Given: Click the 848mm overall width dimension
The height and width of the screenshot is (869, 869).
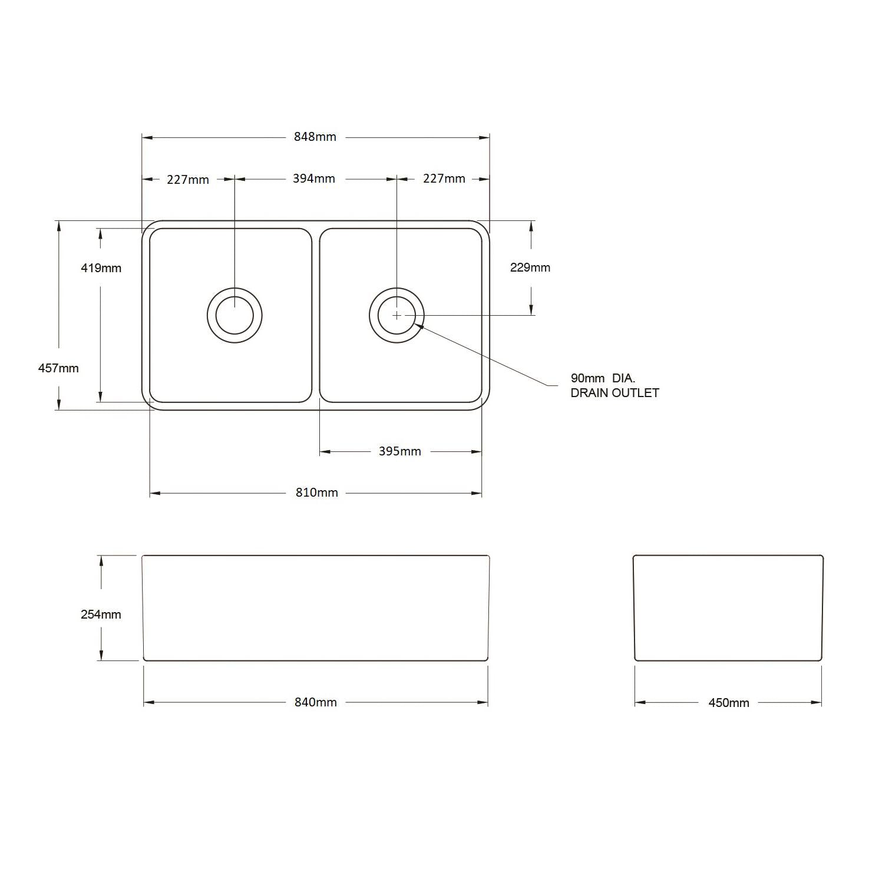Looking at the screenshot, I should pos(315,137).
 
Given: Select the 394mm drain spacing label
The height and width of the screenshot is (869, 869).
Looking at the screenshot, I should pos(313,179).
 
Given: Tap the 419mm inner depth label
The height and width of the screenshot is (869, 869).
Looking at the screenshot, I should pos(101,268).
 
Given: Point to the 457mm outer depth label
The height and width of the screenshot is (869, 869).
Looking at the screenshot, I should pos(58,368).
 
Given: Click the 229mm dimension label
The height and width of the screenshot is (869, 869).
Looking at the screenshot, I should pos(530,267).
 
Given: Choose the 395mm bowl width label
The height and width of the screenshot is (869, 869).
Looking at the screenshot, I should pos(399,452).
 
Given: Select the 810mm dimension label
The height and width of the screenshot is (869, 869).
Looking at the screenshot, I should pos(316,493).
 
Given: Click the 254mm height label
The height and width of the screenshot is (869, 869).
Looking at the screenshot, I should pos(101,614).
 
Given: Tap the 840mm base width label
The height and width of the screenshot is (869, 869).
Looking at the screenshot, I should pos(315,702).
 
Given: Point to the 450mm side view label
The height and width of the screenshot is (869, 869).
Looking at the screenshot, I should pos(728,703).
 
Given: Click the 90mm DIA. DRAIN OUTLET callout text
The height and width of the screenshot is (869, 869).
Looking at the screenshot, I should pos(614,385).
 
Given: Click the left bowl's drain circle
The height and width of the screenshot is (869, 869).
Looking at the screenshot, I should pos(234,315).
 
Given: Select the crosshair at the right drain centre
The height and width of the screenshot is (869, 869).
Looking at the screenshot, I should pos(396,315).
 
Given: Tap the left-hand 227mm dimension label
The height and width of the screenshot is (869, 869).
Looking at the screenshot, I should pos(187,179).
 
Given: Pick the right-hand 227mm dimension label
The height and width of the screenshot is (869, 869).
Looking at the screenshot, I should pos(444,179).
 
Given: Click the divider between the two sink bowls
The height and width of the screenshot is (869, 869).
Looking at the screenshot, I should pos(316,315).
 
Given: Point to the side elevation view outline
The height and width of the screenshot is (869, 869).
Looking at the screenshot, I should pos(728,608).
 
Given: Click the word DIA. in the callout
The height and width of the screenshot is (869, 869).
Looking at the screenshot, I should pos(623,378).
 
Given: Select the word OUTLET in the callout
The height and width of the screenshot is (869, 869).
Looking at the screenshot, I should pos(636,393).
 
